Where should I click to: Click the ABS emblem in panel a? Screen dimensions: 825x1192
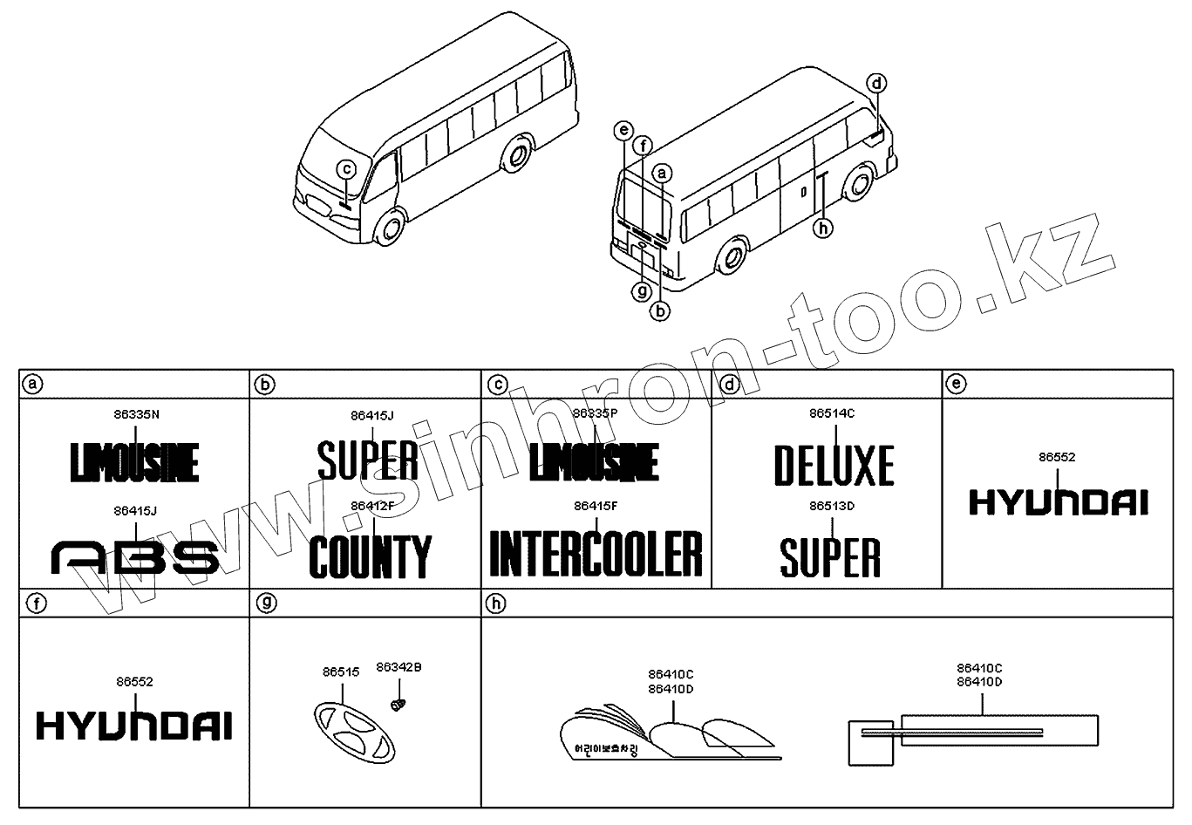tap(135, 556)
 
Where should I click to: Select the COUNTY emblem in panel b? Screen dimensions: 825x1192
tap(370, 556)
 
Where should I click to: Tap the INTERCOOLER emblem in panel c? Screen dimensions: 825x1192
tap(596, 553)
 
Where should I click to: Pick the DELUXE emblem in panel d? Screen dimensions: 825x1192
tap(834, 465)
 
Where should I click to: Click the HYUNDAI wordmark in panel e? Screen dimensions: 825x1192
tap(1059, 502)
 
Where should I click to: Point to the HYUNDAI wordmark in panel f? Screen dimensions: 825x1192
tap(134, 726)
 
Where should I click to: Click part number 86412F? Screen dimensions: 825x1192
tap(372, 505)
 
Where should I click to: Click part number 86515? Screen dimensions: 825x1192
tap(340, 672)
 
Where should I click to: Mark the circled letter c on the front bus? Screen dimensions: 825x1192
tap(347, 169)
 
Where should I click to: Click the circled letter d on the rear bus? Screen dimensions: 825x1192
tap(876, 84)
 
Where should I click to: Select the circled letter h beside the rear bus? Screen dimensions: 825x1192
tap(822, 228)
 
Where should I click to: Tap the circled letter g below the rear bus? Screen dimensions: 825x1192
tap(643, 290)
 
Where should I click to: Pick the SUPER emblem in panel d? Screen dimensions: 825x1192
tap(830, 556)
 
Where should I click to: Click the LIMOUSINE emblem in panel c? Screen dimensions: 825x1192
tap(594, 461)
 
